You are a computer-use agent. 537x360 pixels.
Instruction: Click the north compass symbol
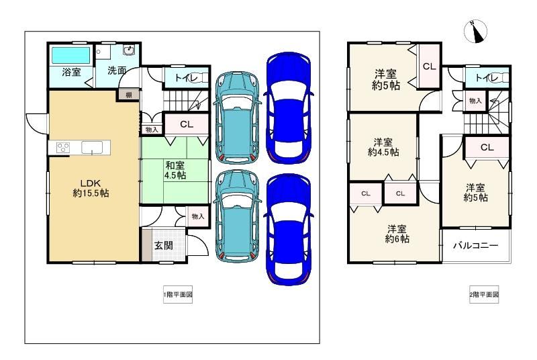(475, 32)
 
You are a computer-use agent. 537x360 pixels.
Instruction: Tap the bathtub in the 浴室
(70, 56)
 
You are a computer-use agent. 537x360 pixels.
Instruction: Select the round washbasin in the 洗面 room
(129, 50)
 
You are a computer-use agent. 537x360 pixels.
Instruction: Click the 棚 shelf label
(129, 95)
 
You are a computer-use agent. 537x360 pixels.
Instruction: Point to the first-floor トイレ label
(187, 78)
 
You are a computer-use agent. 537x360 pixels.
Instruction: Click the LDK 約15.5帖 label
(91, 188)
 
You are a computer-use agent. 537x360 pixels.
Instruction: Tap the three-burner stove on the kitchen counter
(62, 148)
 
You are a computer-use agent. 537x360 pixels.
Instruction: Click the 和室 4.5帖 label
(175, 170)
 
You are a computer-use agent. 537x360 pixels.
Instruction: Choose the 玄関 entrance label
(163, 245)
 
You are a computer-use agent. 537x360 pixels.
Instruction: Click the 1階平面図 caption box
(178, 295)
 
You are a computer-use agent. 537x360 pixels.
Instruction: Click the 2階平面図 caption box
(484, 295)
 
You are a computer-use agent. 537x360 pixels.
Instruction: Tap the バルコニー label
(475, 245)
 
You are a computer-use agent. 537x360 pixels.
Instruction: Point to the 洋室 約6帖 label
(397, 234)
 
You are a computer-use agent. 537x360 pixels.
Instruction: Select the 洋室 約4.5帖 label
(383, 147)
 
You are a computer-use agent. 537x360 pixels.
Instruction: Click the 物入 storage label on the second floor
(475, 101)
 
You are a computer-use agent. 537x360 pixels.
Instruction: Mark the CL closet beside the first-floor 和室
(187, 124)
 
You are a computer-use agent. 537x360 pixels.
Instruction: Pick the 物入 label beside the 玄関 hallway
(198, 216)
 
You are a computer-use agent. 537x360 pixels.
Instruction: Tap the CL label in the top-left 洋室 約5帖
(430, 66)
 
